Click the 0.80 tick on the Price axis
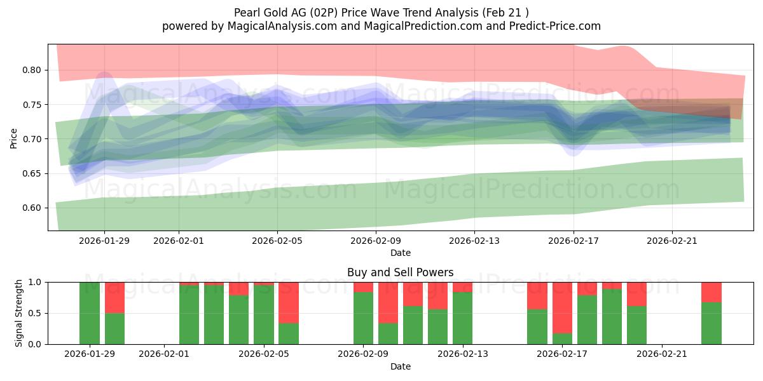(x=32, y=70)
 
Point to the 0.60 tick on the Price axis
(x=32, y=208)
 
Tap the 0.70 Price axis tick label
(x=32, y=139)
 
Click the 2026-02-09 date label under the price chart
(x=376, y=241)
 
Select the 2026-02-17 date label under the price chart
(x=574, y=241)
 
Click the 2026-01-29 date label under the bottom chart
(x=90, y=354)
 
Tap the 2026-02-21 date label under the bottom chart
(x=662, y=354)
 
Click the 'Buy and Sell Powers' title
(x=400, y=272)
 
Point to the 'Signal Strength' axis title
(x=19, y=313)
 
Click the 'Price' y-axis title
(x=14, y=138)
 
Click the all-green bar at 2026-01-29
(x=90, y=313)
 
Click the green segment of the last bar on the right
(x=711, y=323)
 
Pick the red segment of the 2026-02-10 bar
(x=388, y=302)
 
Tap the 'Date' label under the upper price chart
(x=400, y=253)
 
